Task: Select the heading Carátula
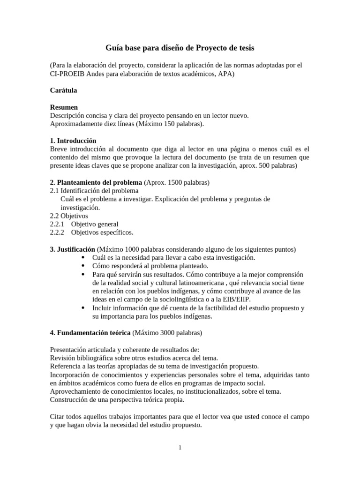click(x=63, y=90)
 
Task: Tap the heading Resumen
click(x=64, y=107)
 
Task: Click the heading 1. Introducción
click(x=73, y=141)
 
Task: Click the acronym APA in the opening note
click(x=226, y=73)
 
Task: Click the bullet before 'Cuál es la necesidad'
click(x=83, y=258)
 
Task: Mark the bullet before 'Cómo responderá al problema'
click(x=83, y=266)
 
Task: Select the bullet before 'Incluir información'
click(x=83, y=308)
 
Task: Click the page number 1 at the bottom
click(x=180, y=448)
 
